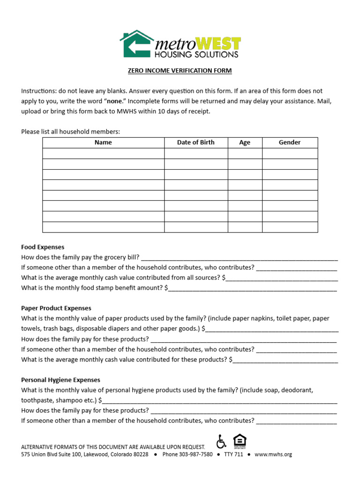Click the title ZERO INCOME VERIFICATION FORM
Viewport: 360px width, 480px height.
pos(180,71)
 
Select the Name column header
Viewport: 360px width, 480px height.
pos(103,142)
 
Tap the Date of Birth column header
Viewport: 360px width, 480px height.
pos(195,142)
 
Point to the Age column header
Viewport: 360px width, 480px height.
pos(245,142)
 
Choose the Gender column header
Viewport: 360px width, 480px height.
pos(290,142)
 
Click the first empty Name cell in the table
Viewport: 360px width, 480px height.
pos(103,153)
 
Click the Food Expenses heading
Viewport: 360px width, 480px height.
pos(43,247)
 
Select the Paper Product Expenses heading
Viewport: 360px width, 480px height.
pos(56,308)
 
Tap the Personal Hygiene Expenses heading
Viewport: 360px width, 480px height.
pos(60,380)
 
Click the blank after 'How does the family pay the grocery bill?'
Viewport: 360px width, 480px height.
pos(239,257)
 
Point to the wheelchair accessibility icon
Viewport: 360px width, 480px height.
pos(221,442)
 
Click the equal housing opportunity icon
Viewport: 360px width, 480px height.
pos(240,441)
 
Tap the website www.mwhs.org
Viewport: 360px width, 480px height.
pos(273,455)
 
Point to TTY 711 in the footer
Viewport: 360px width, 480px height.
pos(233,455)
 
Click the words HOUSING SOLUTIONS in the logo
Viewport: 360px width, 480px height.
pos(196,55)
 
